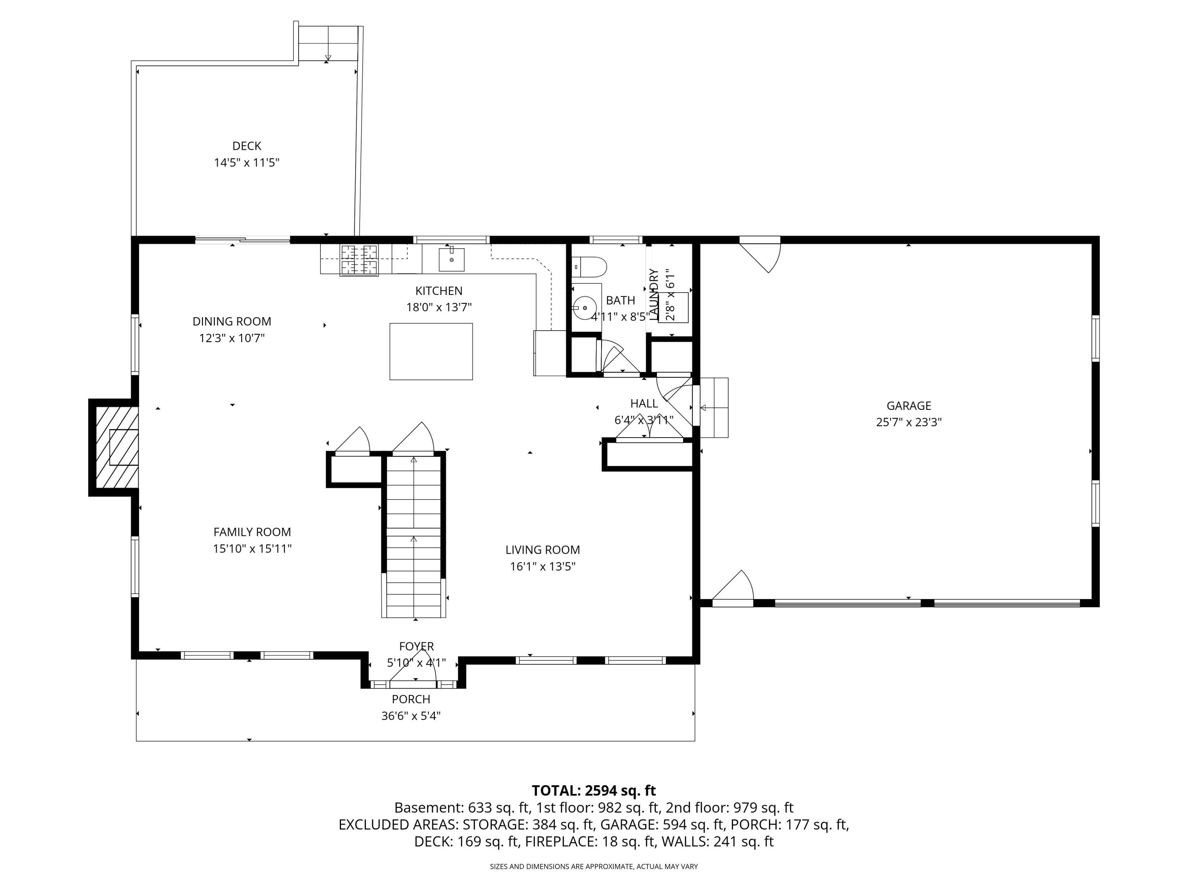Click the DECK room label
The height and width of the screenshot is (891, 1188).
click(x=247, y=146)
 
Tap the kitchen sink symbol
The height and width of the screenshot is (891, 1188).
click(x=452, y=259)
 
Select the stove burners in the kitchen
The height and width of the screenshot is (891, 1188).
click(x=359, y=260)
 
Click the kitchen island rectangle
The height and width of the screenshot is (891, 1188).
click(x=431, y=351)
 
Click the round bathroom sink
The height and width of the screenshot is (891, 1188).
click(x=584, y=308)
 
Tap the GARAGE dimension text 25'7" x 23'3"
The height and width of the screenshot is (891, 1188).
click(x=909, y=422)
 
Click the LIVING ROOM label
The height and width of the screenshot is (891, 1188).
click(x=543, y=550)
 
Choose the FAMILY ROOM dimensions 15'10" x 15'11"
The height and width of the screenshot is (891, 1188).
click(x=252, y=548)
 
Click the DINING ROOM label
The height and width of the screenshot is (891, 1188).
click(x=232, y=322)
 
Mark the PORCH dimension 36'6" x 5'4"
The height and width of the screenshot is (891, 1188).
click(x=411, y=716)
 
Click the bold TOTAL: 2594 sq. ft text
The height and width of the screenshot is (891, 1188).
click(x=594, y=790)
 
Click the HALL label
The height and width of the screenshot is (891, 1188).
click(x=643, y=404)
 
